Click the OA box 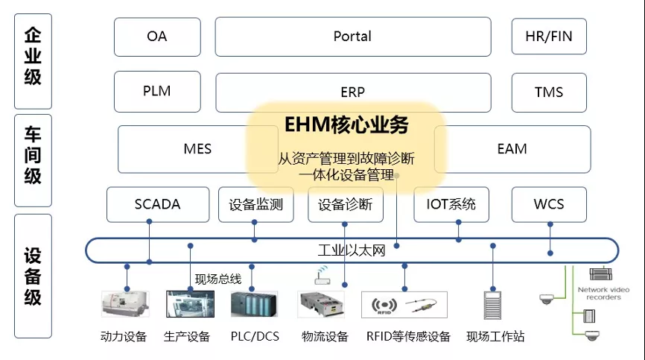point(157,37)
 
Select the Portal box point(352,37)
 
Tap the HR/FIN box point(549,37)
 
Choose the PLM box point(157,92)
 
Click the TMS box point(549,92)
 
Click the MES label point(197,149)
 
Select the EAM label point(512,149)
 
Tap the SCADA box point(157,204)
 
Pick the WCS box point(549,204)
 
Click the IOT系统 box point(451,204)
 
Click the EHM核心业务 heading point(346,124)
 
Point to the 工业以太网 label point(352,250)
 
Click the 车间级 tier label point(33,156)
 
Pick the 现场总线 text point(217,279)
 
